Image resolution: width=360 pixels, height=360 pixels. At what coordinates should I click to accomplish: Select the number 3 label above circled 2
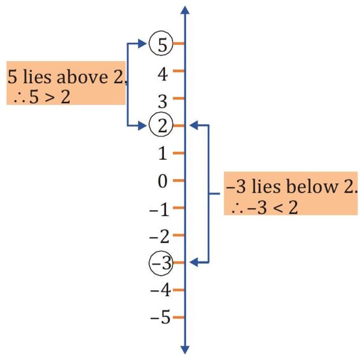coord(162,101)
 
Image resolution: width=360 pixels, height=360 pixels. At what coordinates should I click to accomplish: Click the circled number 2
coord(161,126)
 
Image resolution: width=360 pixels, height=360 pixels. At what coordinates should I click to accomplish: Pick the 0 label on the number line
coord(162,181)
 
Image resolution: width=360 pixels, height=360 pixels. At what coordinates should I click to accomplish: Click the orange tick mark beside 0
coord(178,181)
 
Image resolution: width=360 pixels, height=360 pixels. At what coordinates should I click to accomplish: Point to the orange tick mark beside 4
coord(178,71)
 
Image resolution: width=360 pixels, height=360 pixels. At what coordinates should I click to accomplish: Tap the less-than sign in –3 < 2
coord(277,208)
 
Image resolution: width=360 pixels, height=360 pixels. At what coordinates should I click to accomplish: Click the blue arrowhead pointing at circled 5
coord(142,44)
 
